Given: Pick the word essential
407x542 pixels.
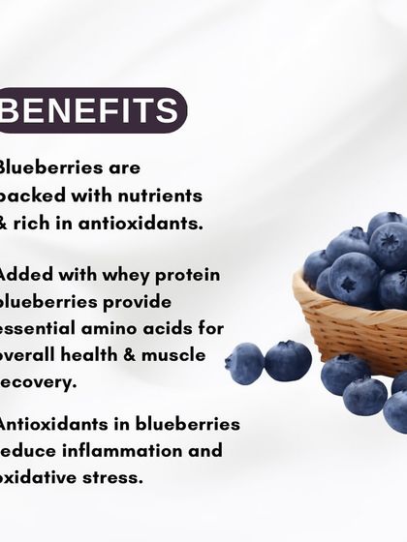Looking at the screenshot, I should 40,328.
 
